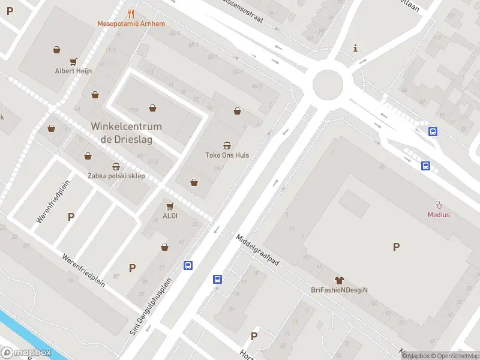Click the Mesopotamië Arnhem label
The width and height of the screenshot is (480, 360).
pos(131,24)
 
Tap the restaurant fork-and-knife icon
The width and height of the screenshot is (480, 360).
pos(131,14)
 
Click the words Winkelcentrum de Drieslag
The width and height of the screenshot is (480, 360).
pos(126,132)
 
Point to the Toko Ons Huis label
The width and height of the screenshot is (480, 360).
pos(227,155)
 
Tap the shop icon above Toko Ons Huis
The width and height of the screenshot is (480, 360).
pos(227,145)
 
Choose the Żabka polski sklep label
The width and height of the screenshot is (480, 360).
pos(116,176)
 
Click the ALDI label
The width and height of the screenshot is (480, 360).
pos(170,215)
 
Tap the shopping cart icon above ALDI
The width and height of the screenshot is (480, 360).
pos(170,205)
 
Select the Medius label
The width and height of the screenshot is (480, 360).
pos(439,214)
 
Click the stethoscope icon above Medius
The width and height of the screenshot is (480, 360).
pos(439,204)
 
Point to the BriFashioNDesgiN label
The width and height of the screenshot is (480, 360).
pos(339,290)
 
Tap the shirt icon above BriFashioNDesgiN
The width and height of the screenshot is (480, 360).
pos(339,280)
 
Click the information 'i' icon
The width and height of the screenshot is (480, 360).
pos(356,48)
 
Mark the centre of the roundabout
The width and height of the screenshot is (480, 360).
pos(328,85)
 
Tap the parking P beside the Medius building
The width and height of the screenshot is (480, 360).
pos(395,247)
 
